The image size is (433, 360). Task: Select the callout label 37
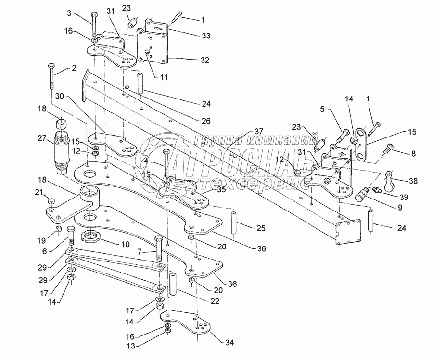[x=258, y=131]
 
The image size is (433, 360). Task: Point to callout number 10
[x=125, y=244]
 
